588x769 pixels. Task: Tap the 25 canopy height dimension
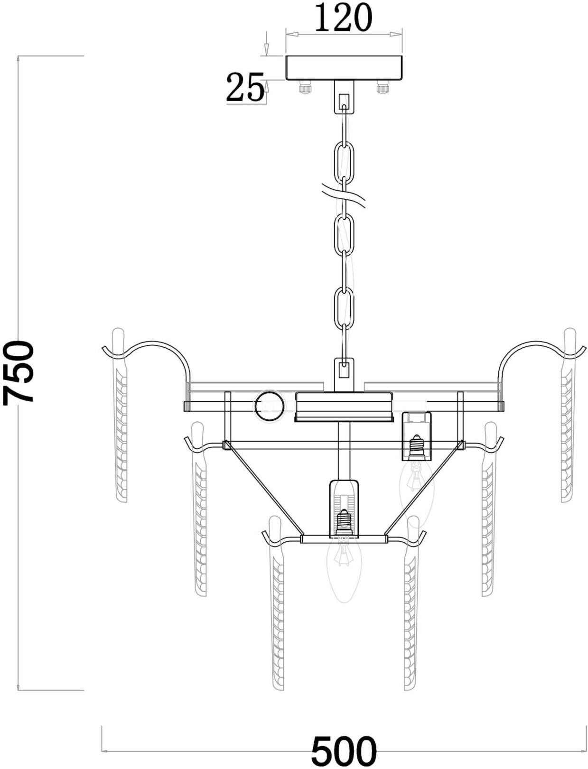click(244, 87)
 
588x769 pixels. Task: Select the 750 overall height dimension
click(18, 373)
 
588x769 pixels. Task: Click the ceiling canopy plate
click(344, 68)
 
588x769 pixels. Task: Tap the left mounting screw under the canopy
click(305, 86)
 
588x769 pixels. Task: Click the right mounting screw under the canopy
click(383, 86)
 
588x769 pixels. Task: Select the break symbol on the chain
click(344, 197)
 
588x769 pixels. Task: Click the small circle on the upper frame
click(269, 406)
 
